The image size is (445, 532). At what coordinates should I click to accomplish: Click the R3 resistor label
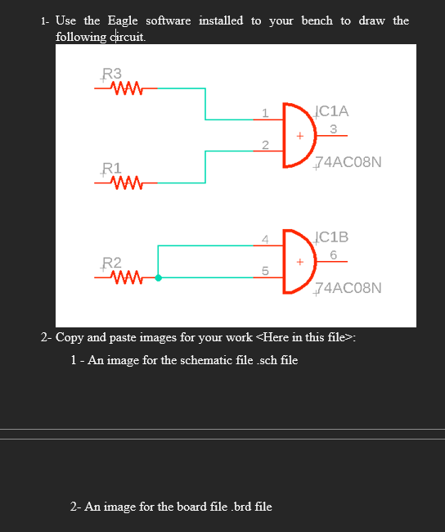111,74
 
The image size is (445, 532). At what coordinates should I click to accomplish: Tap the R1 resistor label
111,169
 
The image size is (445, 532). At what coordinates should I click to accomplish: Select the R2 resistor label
111,264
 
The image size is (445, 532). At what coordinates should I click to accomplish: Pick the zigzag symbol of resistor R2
126,278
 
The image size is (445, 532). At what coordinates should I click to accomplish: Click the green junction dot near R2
159,278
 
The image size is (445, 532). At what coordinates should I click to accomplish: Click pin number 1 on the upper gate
264,113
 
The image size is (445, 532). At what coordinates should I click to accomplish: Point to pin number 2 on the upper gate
264,145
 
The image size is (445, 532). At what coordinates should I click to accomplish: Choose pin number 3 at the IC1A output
334,128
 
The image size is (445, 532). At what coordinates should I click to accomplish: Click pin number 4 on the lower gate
264,239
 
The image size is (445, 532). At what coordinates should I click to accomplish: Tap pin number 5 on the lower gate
264,271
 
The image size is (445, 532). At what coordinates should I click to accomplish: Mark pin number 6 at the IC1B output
334,255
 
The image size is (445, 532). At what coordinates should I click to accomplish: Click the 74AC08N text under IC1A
348,161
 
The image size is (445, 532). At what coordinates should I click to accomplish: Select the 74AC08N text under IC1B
348,288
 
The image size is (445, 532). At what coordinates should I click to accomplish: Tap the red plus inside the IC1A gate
300,135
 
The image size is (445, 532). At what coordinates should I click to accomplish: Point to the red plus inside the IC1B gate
300,262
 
